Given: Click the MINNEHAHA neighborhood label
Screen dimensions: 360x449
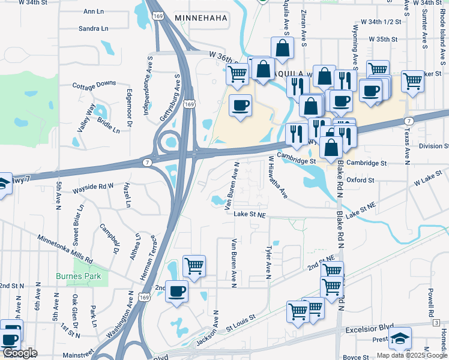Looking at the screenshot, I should point(201,19).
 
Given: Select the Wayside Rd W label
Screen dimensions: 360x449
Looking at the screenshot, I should point(92,187).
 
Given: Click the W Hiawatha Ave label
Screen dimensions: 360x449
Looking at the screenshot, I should point(278,178).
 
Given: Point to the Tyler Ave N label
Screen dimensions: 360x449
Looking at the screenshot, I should point(268,262).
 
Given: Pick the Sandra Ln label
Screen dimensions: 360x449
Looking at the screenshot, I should point(94,28).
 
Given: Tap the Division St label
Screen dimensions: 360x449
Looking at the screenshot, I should point(433,146).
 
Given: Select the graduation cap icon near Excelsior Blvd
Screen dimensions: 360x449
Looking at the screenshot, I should point(400,338).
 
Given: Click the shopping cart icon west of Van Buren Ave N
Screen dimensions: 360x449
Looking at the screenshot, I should point(193,265).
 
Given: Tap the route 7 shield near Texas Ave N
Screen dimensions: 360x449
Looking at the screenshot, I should point(408,121).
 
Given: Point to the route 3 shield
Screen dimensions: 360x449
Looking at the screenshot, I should point(435,323).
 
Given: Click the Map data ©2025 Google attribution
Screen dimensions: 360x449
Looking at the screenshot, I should point(412,355).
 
